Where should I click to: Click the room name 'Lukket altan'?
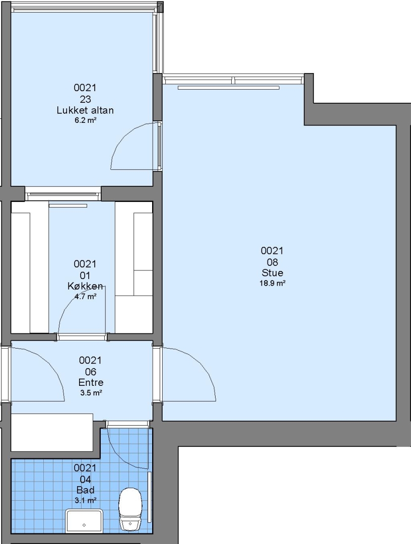pos(85,110)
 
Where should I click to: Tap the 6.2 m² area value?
pos(85,120)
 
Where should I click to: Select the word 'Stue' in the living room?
pos(272,273)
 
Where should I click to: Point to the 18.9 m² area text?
pos(272,283)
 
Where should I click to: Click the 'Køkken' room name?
pos(85,286)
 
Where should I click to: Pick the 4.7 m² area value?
pos(85,297)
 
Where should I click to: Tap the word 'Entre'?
pos(91,382)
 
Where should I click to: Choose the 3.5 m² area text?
pos(91,393)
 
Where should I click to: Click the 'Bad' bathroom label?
pos(85,490)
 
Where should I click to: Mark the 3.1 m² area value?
pos(85,500)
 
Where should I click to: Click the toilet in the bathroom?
pos(130,509)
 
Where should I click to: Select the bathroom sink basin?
pos(84,521)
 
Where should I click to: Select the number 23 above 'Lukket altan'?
pos(85,100)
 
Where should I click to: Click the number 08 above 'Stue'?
pos(272,262)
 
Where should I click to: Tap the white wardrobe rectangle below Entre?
pos(52,432)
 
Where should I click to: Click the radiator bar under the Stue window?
pos(229,88)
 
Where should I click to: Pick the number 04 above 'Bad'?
pos(85,479)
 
